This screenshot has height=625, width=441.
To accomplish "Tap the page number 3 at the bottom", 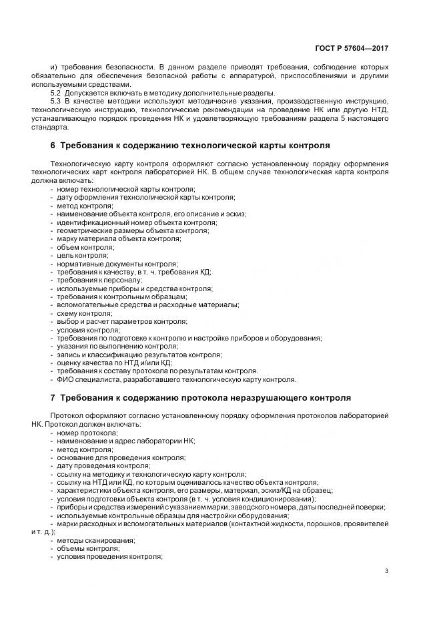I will click(x=387, y=570).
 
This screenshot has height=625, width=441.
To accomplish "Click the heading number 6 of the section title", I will click(x=53, y=145).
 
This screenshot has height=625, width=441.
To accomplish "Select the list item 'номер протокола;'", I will click(x=87, y=433).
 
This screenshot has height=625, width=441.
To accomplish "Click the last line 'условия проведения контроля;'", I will click(x=109, y=556).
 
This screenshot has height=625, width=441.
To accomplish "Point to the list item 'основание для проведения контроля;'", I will click(x=121, y=457).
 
